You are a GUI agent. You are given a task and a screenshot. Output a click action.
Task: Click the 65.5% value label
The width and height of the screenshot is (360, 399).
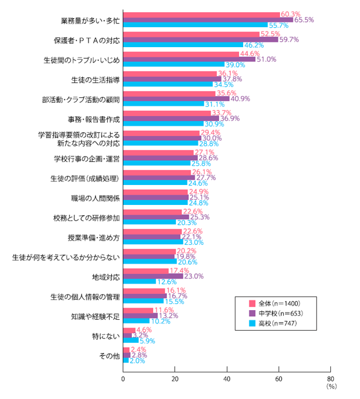(x=304, y=20)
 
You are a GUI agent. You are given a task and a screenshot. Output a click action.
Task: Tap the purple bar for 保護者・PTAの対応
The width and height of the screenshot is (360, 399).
(x=200, y=40)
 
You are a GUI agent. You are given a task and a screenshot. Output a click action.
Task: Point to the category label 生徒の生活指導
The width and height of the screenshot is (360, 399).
(x=95, y=79)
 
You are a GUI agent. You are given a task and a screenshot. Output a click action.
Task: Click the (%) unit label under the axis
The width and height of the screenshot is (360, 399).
(x=330, y=386)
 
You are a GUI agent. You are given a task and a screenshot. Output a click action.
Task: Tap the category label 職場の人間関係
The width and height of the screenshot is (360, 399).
(x=95, y=198)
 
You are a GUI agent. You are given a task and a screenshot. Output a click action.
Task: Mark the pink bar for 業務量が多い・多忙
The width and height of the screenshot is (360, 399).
(x=201, y=15)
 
